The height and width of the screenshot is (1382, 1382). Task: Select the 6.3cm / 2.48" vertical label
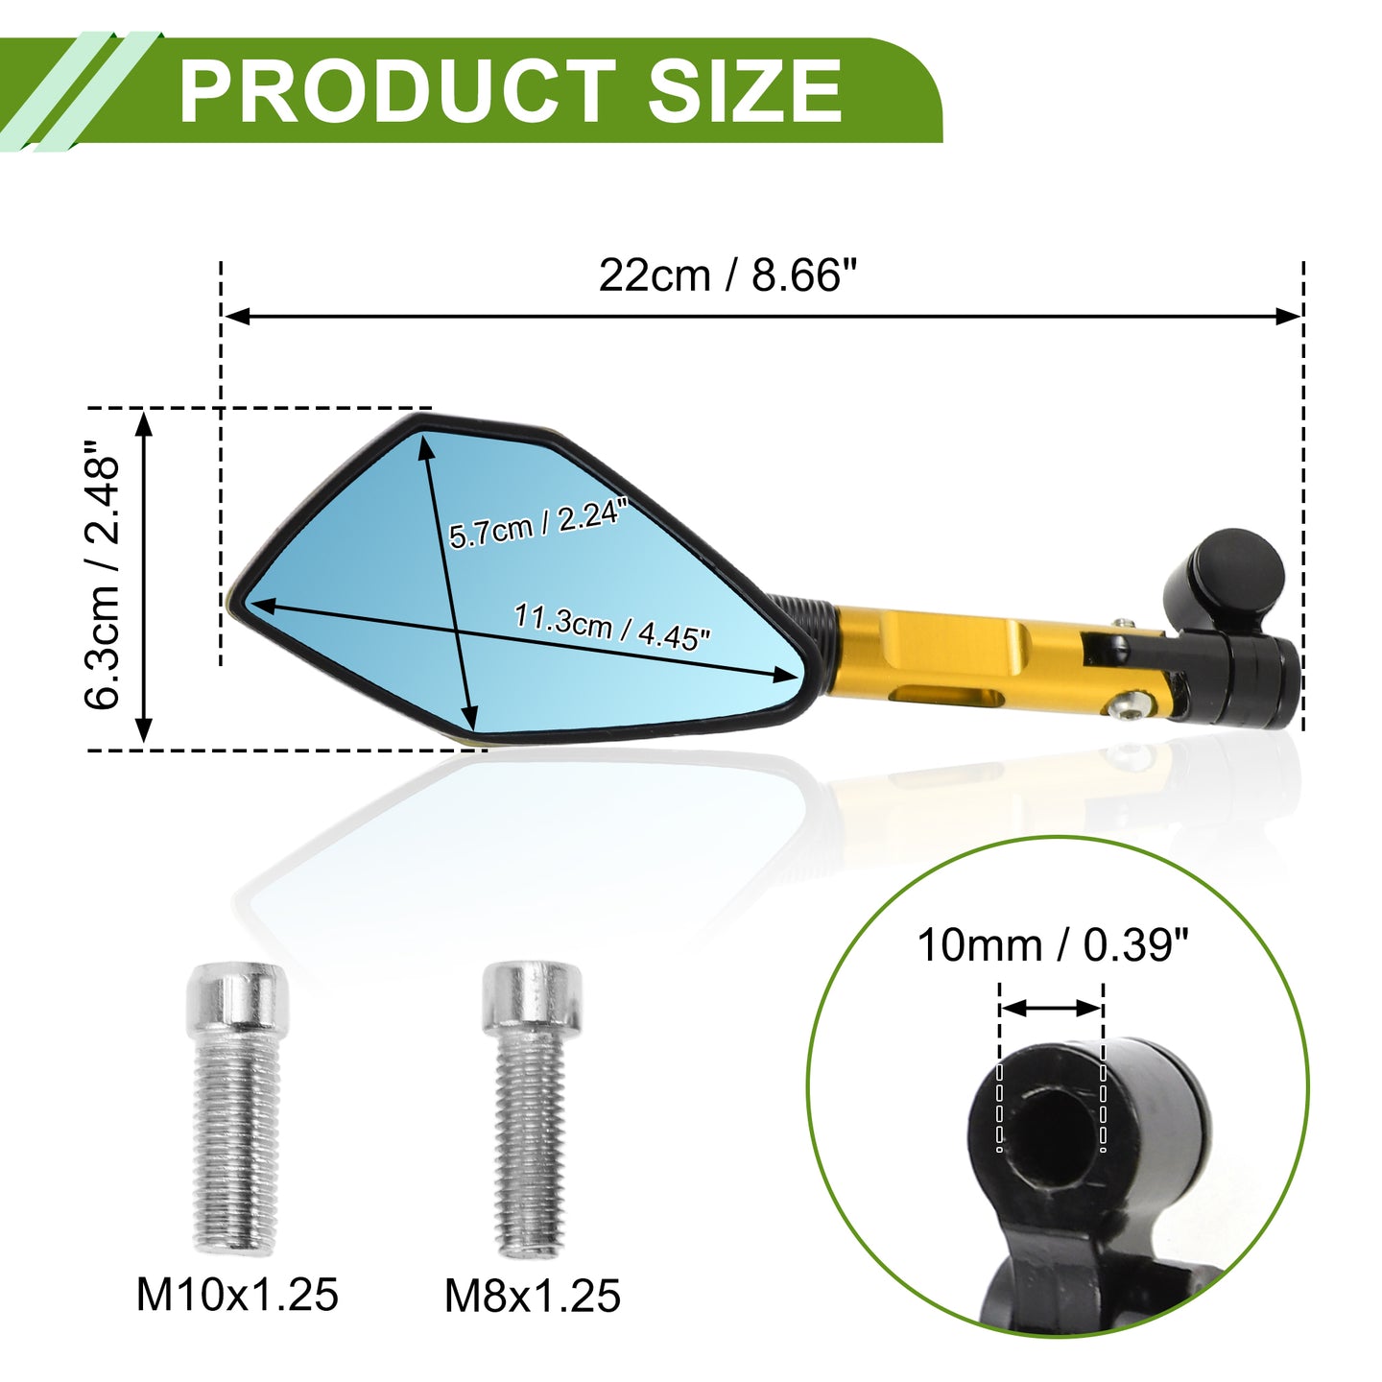tap(102, 574)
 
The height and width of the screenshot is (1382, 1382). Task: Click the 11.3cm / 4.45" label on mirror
tap(611, 627)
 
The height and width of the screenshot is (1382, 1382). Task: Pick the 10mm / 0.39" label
tap(1053, 945)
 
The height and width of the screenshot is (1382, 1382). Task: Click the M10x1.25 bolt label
tap(237, 1295)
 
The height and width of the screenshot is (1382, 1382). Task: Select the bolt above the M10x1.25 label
tap(237, 1108)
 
